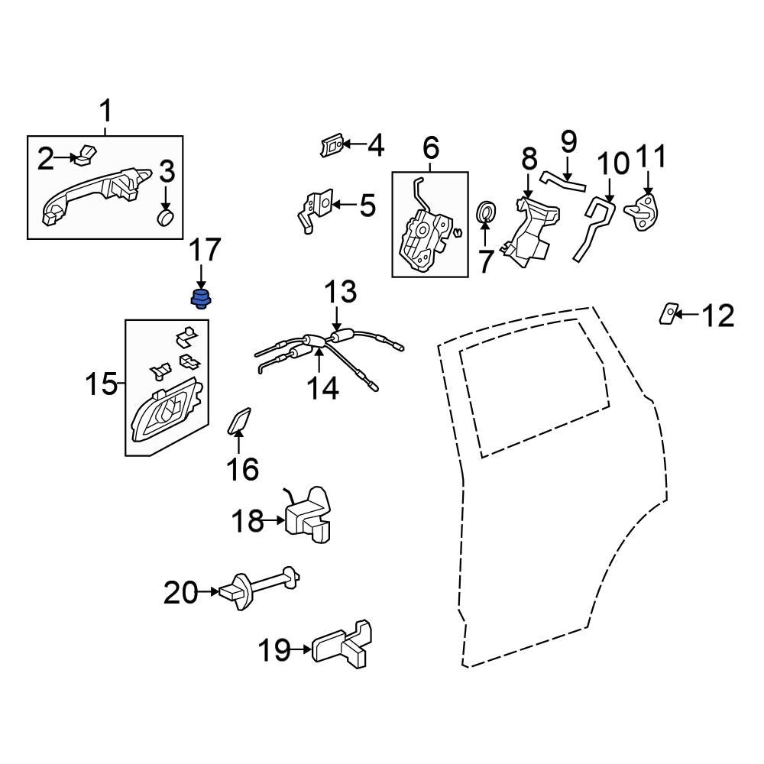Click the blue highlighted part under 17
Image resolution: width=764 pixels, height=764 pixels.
pos(201,298)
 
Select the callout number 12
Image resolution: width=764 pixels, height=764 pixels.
pos(717,315)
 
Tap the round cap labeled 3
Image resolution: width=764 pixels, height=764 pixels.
pos(166,217)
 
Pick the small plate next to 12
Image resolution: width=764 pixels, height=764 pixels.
pos(668,313)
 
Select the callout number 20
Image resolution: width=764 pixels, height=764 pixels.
pos(181,592)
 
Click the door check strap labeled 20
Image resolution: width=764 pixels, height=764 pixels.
pos(260,588)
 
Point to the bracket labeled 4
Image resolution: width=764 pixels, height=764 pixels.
pos(332,144)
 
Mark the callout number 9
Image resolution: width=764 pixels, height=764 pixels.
pos(568,142)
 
